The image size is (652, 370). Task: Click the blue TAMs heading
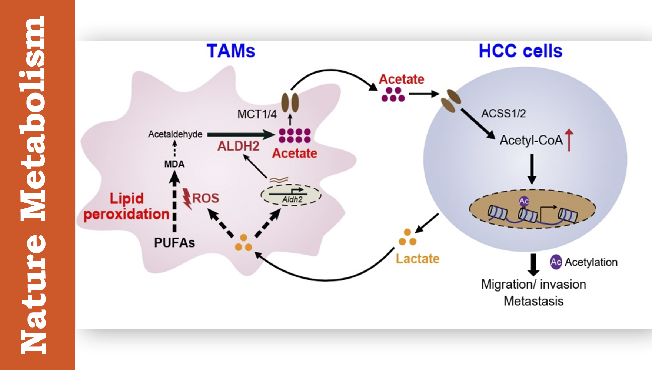coord(231,51)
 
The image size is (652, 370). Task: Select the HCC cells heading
coord(520,51)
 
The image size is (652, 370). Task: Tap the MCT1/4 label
coord(257,114)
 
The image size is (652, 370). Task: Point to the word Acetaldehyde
coord(175,134)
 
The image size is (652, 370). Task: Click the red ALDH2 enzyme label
coord(238,146)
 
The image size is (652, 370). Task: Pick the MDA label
coord(174,164)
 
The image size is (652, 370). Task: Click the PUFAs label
coord(174,243)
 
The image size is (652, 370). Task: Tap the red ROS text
coord(206,198)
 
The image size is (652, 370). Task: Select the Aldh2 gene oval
coord(291,195)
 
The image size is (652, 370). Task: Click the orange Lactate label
coord(418,259)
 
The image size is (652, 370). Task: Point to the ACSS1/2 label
coord(503,114)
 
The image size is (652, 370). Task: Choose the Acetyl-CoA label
coord(531,140)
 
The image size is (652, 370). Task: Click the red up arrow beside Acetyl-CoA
coord(569,140)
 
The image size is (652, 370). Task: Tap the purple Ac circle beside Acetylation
coord(556,262)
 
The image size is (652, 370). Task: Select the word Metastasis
coord(533,301)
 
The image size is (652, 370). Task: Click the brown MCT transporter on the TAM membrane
coord(290,102)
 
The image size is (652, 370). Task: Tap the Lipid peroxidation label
coord(126,206)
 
